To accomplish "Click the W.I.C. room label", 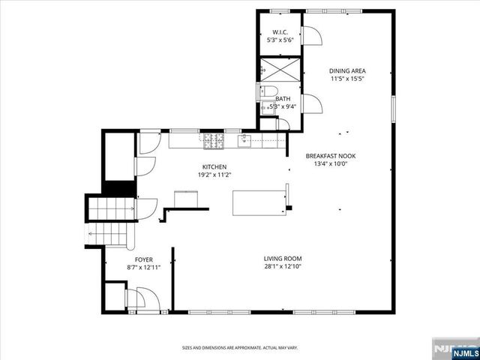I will [x=279, y=32].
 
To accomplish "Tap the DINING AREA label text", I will [x=347, y=71].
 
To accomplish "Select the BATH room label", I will [x=283, y=98].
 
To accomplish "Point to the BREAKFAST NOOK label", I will [x=330, y=156].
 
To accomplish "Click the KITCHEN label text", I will [x=214, y=166].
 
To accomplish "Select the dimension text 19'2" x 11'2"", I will [x=214, y=175].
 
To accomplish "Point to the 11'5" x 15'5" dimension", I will [x=347, y=79].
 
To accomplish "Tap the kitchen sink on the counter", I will [x=244, y=140].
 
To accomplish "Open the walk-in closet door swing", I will [x=310, y=35].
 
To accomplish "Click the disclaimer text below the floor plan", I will [x=240, y=348].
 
